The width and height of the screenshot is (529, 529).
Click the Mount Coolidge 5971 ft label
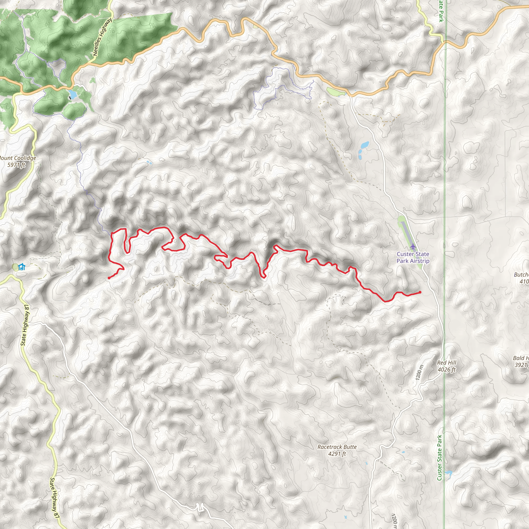[x=17, y=161]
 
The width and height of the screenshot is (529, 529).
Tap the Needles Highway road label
[x=102, y=37]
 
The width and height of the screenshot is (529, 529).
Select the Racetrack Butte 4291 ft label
[x=337, y=450]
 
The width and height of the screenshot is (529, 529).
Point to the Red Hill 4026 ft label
[x=447, y=366]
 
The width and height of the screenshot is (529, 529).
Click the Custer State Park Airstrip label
[x=413, y=257]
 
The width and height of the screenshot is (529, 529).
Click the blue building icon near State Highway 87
[x=22, y=267]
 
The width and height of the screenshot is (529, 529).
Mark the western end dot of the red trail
[x=109, y=278]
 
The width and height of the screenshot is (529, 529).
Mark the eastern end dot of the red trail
[x=420, y=292]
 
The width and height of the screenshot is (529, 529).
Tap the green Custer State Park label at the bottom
[x=439, y=457]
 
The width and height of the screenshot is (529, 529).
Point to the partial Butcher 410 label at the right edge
[x=522, y=278]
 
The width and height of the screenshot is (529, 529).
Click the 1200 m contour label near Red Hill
[x=419, y=372]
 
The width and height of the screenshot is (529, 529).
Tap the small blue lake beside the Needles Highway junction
[x=73, y=94]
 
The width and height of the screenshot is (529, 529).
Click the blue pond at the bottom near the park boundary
[x=448, y=473]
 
